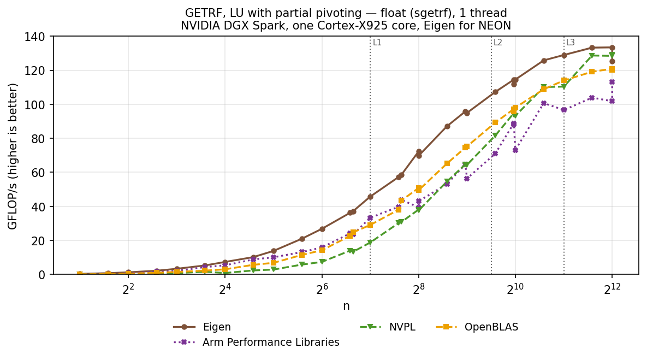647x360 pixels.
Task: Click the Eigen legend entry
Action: pos(202,327)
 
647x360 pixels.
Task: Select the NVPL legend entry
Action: pos(388,327)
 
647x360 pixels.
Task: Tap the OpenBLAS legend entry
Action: pos(477,327)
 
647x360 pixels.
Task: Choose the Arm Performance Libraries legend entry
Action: pos(256,343)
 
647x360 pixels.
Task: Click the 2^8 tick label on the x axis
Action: pos(418,288)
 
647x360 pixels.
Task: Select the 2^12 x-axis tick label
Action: pos(612,288)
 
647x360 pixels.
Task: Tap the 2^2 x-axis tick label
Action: pos(128,288)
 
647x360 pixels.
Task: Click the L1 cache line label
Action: pos(377,43)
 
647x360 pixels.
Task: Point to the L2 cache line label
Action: pos(498,43)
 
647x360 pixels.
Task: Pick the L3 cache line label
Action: pos(571,43)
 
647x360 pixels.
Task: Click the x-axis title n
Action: pos(346,306)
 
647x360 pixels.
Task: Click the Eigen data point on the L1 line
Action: pos(370,197)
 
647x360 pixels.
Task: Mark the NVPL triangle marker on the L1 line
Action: pos(370,243)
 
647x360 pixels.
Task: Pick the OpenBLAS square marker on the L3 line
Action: pos(564,80)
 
